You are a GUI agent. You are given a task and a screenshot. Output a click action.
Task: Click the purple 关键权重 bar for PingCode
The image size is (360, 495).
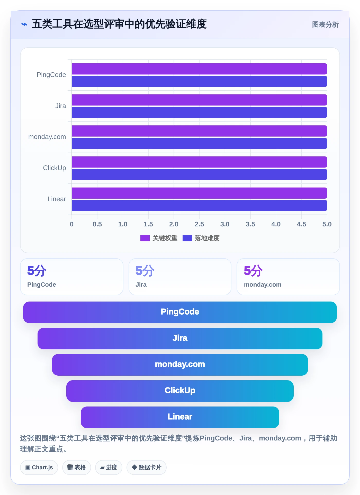(x=199, y=69)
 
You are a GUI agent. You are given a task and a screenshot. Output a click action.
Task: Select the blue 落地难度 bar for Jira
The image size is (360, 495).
(x=199, y=112)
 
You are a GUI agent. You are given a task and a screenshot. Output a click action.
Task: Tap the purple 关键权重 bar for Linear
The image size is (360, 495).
(x=199, y=193)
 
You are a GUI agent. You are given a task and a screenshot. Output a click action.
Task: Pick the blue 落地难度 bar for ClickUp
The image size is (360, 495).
(x=199, y=174)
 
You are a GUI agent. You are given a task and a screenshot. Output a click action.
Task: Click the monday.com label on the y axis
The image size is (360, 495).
(x=47, y=137)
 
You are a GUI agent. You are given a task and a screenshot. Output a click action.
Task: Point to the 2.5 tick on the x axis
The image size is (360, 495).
(x=199, y=224)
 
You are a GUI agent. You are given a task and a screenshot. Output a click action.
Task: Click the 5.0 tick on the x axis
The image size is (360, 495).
(x=327, y=224)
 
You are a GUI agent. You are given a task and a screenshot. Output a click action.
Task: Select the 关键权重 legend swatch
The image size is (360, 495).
(x=145, y=238)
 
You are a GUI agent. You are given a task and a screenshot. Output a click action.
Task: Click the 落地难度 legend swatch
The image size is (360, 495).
(x=187, y=238)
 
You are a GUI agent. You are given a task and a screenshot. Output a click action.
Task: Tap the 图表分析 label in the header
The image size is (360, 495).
(x=325, y=25)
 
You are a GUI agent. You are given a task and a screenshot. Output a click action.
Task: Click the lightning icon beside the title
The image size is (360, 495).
(x=24, y=24)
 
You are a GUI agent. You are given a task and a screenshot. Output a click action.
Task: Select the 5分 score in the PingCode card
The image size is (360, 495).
(x=37, y=271)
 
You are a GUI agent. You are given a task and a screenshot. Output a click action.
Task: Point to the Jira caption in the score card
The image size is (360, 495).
(x=141, y=285)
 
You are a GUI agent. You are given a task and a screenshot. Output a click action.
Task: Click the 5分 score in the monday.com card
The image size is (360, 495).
(x=253, y=271)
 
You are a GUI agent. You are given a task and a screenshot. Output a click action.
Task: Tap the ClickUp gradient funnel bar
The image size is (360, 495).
(x=180, y=391)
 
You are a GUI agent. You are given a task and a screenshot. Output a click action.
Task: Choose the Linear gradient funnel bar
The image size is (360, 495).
(x=180, y=417)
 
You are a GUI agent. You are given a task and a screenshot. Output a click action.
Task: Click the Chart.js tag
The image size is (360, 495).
(x=39, y=467)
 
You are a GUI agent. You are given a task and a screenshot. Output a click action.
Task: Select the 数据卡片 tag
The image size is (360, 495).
(x=147, y=467)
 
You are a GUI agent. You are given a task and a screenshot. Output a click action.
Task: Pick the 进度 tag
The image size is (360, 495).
(x=109, y=467)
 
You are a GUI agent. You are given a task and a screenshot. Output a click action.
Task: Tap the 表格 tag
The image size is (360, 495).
(x=77, y=467)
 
